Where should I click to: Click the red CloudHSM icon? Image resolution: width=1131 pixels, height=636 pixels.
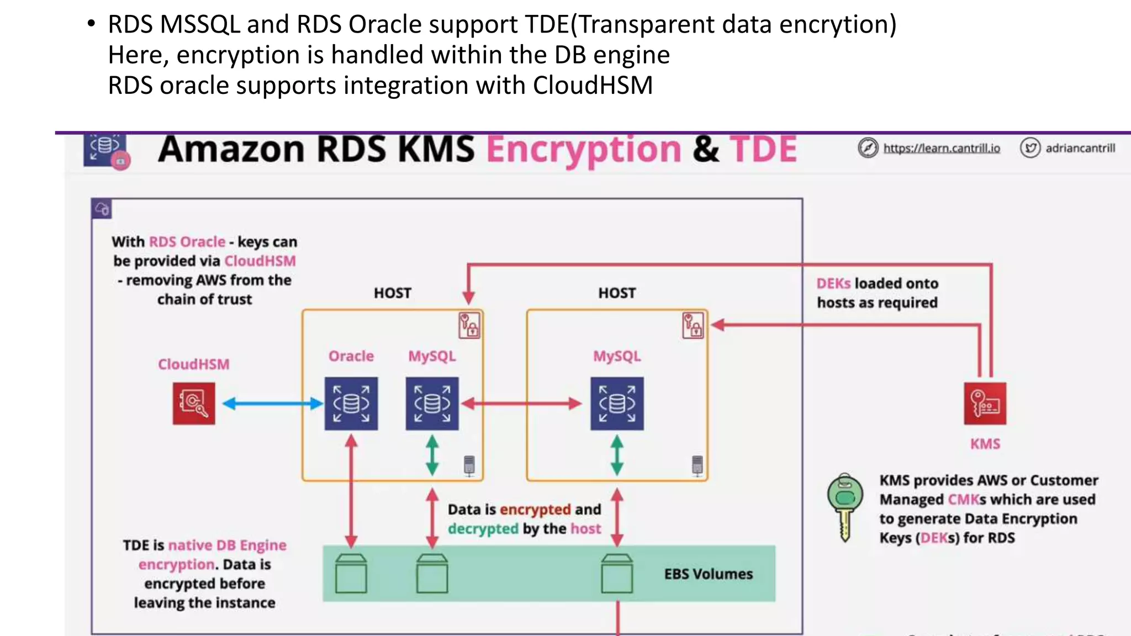(x=193, y=404)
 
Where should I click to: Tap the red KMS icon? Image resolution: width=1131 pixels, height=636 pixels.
(x=985, y=404)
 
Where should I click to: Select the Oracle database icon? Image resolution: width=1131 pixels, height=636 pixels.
(x=351, y=404)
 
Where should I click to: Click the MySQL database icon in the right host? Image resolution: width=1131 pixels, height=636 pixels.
(x=617, y=404)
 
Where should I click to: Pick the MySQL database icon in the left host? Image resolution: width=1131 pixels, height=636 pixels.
(x=432, y=404)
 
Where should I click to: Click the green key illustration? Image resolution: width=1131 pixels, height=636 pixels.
(x=845, y=505)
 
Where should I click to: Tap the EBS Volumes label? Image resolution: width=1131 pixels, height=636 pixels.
(x=708, y=574)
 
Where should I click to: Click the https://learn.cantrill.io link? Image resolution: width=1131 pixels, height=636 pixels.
(x=941, y=148)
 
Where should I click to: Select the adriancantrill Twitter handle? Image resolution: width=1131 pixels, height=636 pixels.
(x=1080, y=148)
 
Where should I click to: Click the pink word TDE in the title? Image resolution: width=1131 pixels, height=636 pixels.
(x=763, y=149)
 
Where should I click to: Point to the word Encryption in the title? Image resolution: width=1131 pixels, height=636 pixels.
(x=584, y=150)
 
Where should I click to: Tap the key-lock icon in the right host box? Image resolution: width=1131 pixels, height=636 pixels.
(x=693, y=325)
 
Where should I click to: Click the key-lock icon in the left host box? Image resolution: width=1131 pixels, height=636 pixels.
(x=469, y=325)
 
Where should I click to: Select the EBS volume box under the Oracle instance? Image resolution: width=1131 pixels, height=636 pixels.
(x=351, y=574)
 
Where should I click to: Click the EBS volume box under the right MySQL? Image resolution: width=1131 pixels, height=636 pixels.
(x=617, y=574)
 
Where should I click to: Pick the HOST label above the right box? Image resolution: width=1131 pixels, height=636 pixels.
(x=617, y=293)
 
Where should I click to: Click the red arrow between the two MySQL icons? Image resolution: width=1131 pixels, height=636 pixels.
(x=522, y=404)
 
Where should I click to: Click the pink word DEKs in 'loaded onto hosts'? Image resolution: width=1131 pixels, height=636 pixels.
(x=833, y=283)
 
